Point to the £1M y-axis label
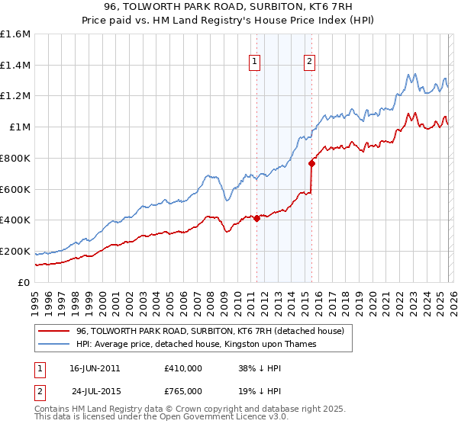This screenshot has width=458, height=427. point(19,127)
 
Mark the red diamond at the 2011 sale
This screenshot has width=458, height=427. point(256,219)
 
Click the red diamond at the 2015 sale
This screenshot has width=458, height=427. point(311,163)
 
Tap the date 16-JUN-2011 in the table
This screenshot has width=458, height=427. point(95,368)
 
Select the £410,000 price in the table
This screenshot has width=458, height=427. point(182,368)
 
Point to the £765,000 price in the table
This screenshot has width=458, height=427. point(182,390)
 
